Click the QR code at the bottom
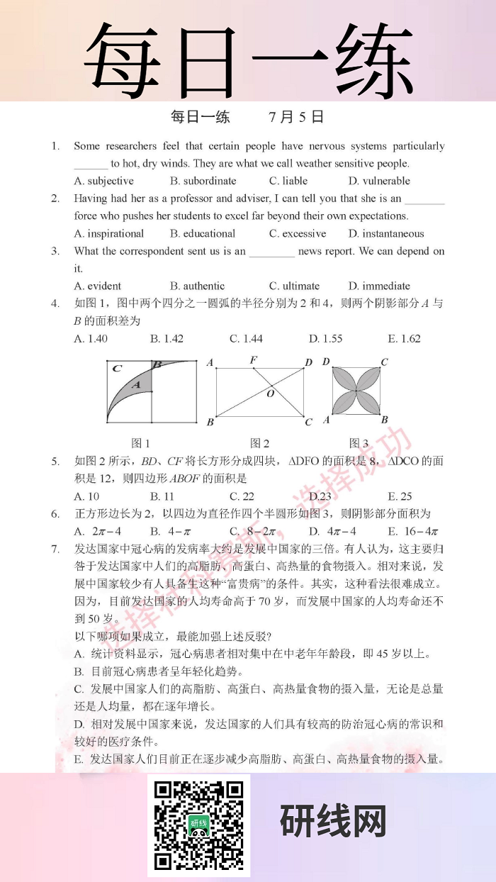tap(198, 825)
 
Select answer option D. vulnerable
tap(379, 181)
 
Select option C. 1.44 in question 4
tap(246, 338)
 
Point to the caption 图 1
tap(141, 443)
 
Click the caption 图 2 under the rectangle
tap(260, 443)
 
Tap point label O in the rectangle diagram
tap(270, 393)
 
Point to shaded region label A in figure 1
tap(138, 384)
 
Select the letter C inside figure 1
tap(117, 368)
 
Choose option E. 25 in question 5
tap(400, 496)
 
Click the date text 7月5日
tap(296, 117)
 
